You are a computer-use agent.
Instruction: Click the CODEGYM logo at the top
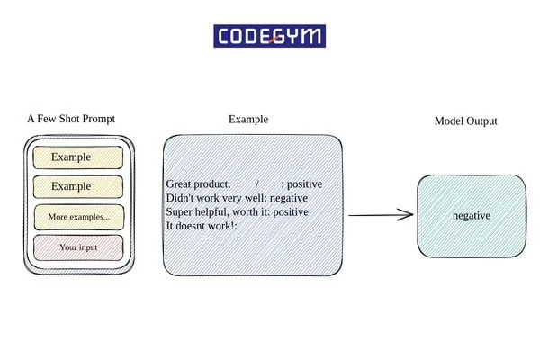click(x=270, y=36)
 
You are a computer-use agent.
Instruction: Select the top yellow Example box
click(x=77, y=157)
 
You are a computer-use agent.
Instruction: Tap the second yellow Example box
click(x=77, y=187)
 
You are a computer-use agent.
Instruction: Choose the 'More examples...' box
click(x=78, y=217)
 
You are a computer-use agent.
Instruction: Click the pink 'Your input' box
click(x=78, y=247)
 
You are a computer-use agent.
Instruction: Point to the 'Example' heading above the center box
click(x=248, y=119)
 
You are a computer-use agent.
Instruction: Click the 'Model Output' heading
click(x=465, y=121)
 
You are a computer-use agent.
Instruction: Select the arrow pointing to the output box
click(x=380, y=215)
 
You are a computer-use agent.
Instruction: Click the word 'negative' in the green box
click(x=471, y=216)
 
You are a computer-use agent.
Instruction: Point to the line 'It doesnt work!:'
click(x=202, y=226)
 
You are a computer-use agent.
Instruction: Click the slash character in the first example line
click(x=257, y=184)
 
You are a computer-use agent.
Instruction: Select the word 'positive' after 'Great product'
click(x=306, y=184)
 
